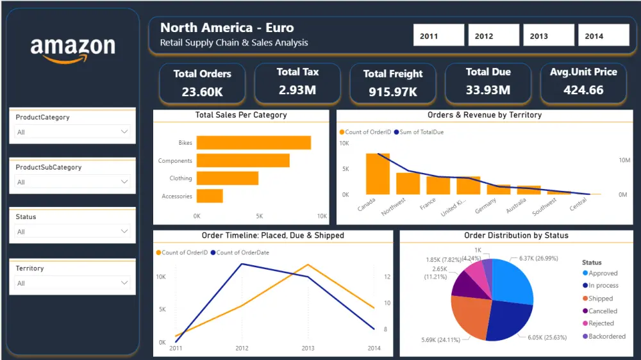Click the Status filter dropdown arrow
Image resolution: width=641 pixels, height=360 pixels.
click(x=124, y=231)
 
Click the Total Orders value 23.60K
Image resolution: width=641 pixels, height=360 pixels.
click(x=202, y=92)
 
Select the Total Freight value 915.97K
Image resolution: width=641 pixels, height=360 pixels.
click(x=392, y=92)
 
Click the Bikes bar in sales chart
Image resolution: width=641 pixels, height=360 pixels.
click(x=253, y=143)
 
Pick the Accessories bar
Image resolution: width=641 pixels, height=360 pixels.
click(x=210, y=196)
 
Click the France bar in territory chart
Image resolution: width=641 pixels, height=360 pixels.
click(x=438, y=186)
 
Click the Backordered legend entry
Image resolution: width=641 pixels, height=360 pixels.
click(x=606, y=336)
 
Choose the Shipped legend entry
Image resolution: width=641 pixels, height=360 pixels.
click(x=600, y=299)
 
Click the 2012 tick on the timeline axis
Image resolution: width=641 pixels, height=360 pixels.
click(x=242, y=348)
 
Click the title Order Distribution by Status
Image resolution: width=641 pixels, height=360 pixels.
click(x=516, y=236)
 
